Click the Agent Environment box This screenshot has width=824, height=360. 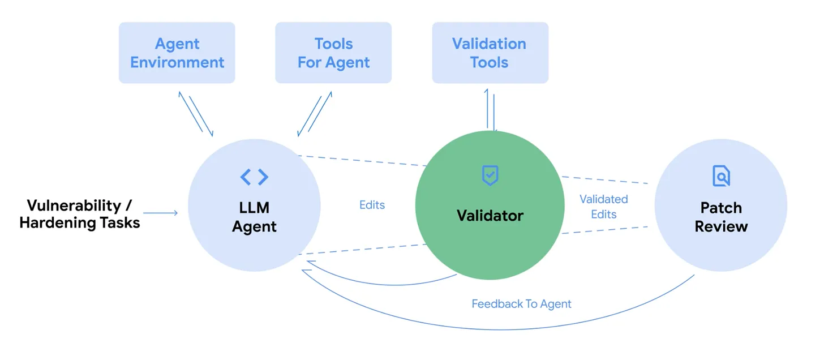[177, 53]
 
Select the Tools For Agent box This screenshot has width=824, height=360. [333, 53]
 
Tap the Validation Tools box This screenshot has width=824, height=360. [490, 53]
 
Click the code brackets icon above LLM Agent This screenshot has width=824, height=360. [254, 177]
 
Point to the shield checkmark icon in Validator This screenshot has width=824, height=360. [490, 175]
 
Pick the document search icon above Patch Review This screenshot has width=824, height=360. [721, 176]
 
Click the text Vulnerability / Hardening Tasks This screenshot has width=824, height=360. [80, 213]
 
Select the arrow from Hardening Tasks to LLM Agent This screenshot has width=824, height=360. [160, 213]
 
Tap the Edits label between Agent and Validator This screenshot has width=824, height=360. [372, 205]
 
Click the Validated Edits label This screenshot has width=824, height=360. [603, 207]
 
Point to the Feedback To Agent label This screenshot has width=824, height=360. [521, 304]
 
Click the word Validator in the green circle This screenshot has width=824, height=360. [490, 215]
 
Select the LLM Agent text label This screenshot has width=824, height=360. [255, 217]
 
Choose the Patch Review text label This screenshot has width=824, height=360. [721, 217]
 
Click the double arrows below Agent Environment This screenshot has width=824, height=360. [196, 113]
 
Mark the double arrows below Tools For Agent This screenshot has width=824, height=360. [314, 115]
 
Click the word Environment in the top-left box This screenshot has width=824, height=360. [177, 62]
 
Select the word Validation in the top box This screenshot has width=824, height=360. [489, 44]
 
